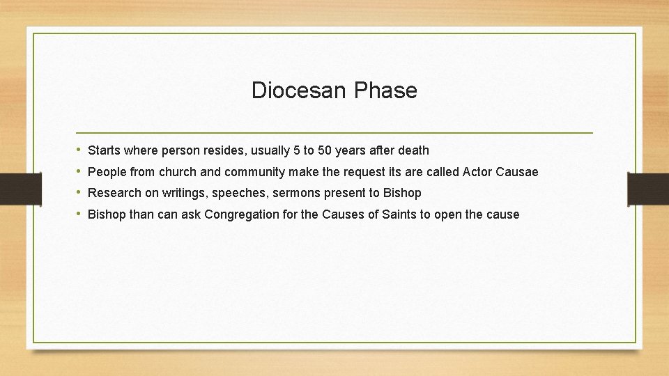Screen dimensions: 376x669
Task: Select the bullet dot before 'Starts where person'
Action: [79, 150]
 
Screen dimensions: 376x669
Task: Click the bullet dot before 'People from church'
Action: [79, 171]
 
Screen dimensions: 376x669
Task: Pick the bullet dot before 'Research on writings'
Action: [79, 193]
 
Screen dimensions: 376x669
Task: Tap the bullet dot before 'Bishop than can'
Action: [79, 214]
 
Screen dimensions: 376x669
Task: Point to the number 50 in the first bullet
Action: [325, 150]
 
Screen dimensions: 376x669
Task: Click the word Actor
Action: [478, 172]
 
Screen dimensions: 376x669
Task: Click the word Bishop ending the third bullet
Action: [402, 194]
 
